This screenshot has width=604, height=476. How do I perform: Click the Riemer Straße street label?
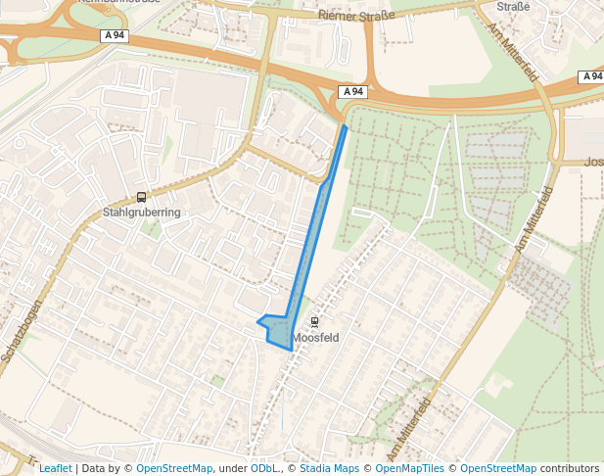(356, 15)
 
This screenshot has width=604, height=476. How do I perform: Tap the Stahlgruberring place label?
(142, 212)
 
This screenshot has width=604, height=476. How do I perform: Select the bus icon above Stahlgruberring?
(142, 197)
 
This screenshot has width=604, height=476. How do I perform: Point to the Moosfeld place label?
(315, 338)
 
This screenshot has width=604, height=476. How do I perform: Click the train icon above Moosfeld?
(314, 322)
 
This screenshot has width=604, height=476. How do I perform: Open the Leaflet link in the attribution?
(56, 469)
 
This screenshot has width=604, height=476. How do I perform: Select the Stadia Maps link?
(330, 469)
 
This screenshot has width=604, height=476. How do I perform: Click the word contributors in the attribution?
(570, 469)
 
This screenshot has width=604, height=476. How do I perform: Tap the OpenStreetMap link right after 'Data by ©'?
(174, 469)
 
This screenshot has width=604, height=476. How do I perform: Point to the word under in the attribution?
(232, 469)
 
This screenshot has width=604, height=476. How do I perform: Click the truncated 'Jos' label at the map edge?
(593, 163)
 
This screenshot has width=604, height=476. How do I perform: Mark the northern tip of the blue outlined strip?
(345, 126)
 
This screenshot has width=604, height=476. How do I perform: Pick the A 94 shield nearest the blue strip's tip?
(353, 92)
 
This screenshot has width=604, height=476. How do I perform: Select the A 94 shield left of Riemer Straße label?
(114, 35)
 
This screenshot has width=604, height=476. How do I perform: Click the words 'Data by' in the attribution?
(103, 469)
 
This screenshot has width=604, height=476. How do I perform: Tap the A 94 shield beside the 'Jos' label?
(591, 76)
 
